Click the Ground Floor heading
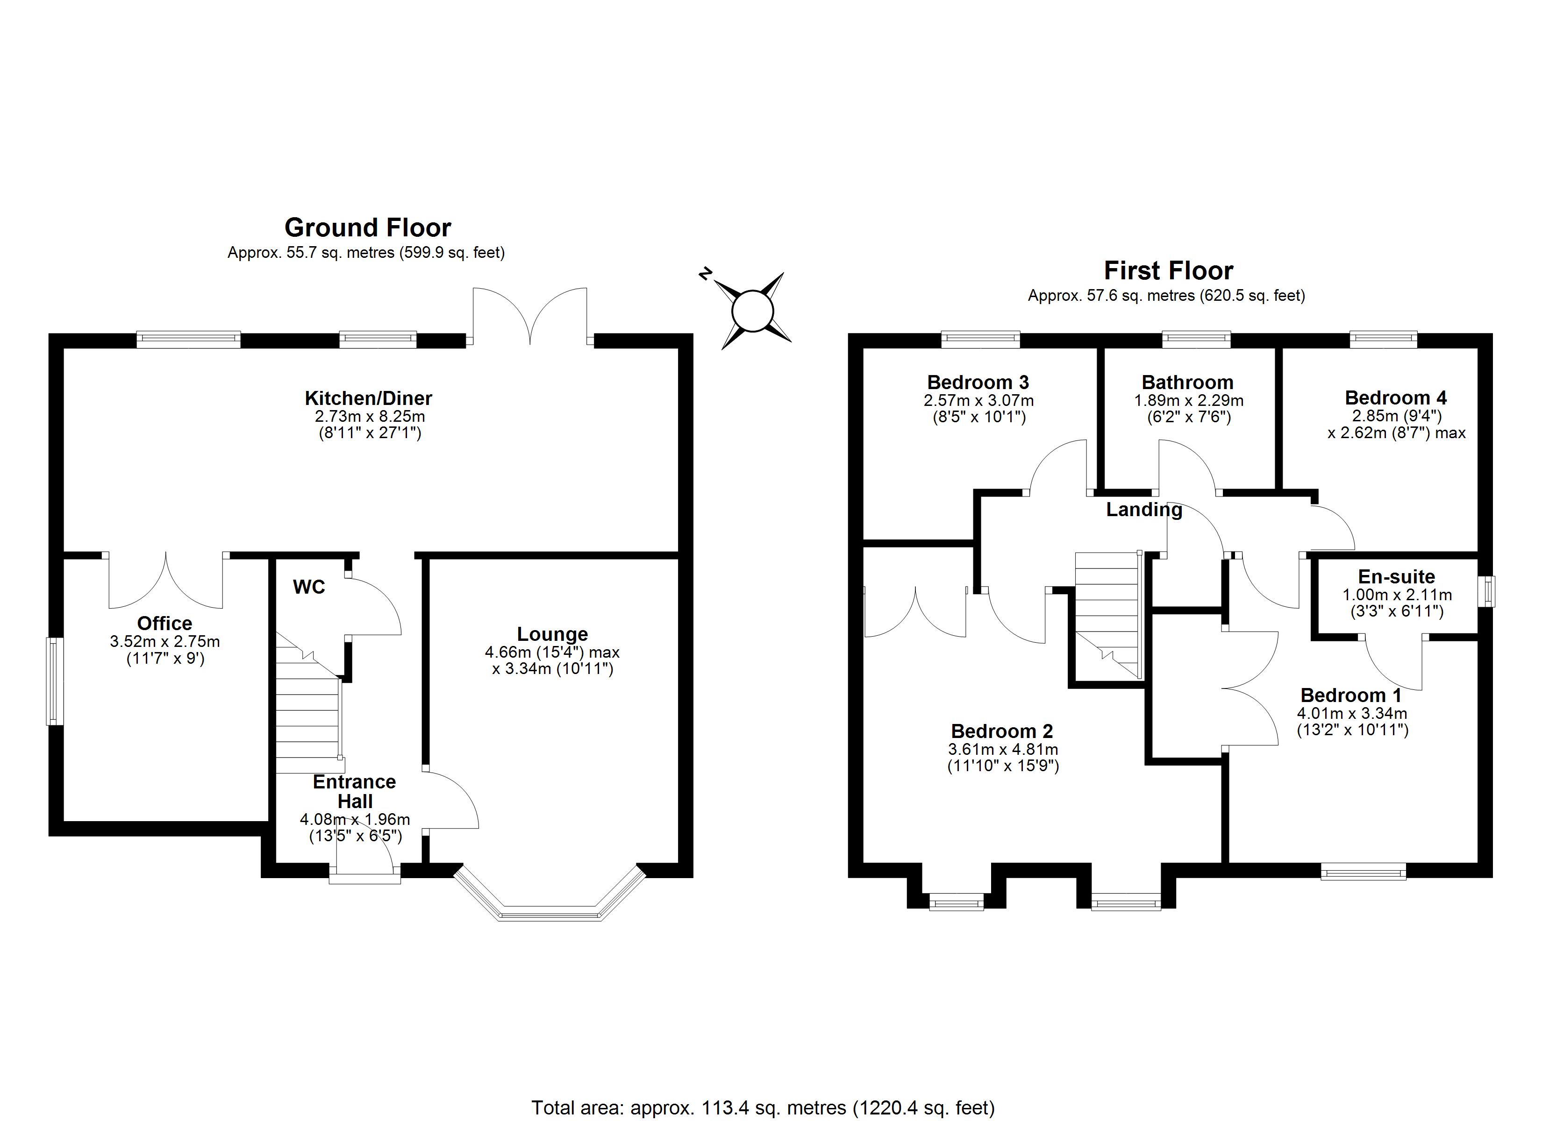click(367, 227)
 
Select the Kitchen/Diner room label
click(368, 397)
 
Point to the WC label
click(309, 587)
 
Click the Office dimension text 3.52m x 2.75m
click(164, 641)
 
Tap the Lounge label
click(552, 633)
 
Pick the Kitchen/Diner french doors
click(529, 316)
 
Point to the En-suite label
click(1396, 576)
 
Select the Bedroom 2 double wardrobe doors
click(914, 612)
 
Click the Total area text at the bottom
click(762, 1107)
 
